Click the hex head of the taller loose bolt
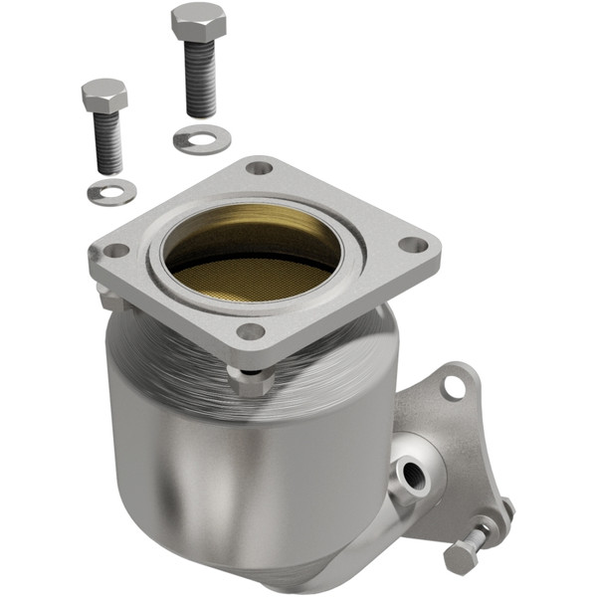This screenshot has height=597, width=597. click(199, 22)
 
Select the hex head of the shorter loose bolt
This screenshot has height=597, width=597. click(104, 97)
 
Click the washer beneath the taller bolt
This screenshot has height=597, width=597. click(201, 140)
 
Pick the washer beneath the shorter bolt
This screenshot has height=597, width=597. click(110, 191)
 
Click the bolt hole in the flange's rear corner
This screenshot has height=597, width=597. click(259, 168)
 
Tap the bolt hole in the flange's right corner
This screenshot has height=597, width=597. click(412, 245)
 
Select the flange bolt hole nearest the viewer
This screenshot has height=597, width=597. click(252, 331)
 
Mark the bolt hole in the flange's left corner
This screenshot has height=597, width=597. click(116, 251)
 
